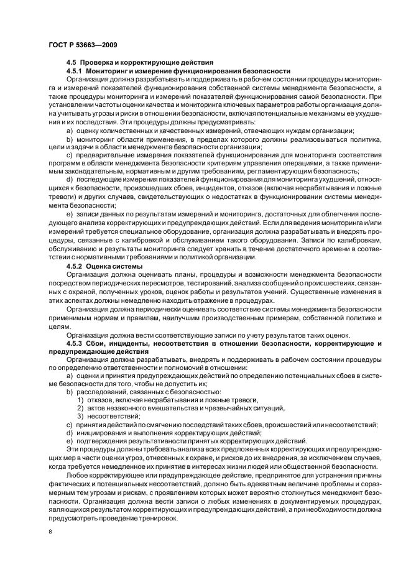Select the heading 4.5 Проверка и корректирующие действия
click(140, 63)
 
